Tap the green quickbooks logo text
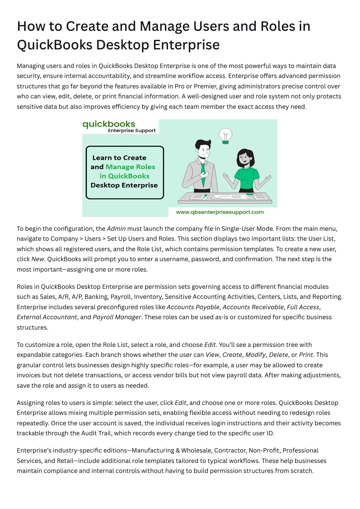[x=109, y=124]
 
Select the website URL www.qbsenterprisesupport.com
[x=220, y=212]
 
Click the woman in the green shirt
[x=246, y=170]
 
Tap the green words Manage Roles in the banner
[x=130, y=167]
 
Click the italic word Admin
[x=116, y=229]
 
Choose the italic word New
[x=38, y=259]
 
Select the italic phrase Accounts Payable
[x=193, y=307]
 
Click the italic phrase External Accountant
[x=47, y=317]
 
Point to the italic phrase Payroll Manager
[x=117, y=317]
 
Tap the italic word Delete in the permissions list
[x=278, y=355]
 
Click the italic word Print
[x=306, y=355]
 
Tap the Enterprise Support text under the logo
[x=132, y=131]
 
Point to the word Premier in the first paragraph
[x=204, y=86]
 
